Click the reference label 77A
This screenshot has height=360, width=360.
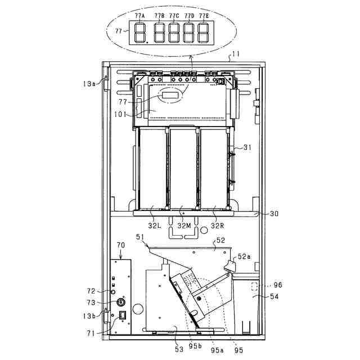140,16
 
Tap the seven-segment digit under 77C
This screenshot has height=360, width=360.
174,33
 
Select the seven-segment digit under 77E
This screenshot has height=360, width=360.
203,33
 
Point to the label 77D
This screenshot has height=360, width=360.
189,16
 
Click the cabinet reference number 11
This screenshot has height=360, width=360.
236,54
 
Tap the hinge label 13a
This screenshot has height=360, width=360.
89,84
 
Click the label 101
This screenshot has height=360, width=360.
120,114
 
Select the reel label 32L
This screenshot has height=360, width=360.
155,226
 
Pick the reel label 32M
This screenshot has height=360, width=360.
184,226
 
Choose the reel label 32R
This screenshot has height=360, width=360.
218,226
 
